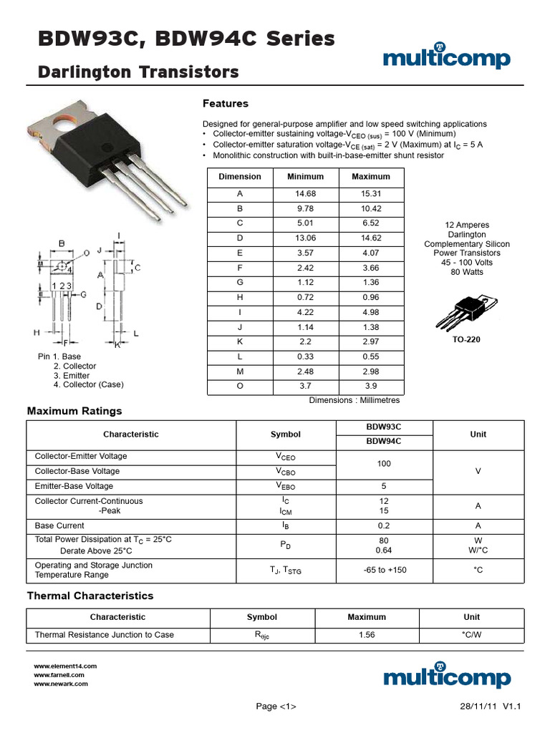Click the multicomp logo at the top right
[446, 57]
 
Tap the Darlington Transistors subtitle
[138, 72]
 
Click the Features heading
[226, 104]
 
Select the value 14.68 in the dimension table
[306, 194]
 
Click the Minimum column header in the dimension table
[306, 177]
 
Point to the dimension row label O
[240, 386]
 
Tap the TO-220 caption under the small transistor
[465, 339]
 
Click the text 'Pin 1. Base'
[59, 356]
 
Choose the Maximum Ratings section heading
[74, 411]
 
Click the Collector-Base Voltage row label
[77, 471]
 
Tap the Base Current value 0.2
[384, 525]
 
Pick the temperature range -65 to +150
[384, 570]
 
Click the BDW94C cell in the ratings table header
[384, 442]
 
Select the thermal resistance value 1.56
[367, 635]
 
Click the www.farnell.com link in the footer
[59, 675]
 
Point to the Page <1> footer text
[276, 707]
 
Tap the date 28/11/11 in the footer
[478, 707]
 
